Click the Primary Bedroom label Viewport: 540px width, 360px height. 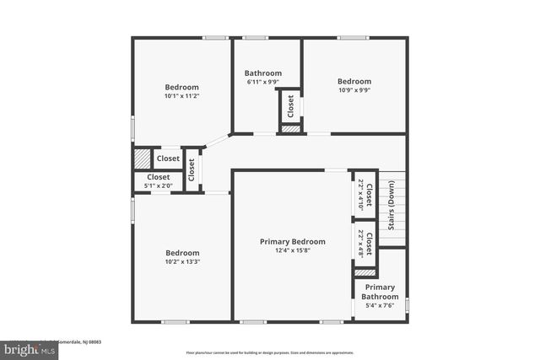coord(292,241)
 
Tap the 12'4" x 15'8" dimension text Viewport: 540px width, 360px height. coord(292,250)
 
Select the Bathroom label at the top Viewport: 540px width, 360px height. coord(263,73)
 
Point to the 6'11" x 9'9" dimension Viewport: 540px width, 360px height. coord(263,82)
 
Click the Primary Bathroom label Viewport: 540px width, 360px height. coord(380,292)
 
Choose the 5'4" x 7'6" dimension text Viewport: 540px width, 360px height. coord(380,305)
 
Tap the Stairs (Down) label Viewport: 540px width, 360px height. coord(391,207)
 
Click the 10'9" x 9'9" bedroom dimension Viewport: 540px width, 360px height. coord(354,90)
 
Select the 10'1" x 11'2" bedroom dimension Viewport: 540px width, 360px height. coord(181,96)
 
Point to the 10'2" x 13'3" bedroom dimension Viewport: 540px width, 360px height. coord(181,261)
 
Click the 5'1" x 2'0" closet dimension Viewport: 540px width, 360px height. coord(158,185)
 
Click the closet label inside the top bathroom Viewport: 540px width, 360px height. coord(291,106)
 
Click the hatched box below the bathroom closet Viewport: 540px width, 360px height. coord(290,129)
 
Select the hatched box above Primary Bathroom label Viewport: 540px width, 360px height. coord(364,272)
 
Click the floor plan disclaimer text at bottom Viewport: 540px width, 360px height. coord(270,352)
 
